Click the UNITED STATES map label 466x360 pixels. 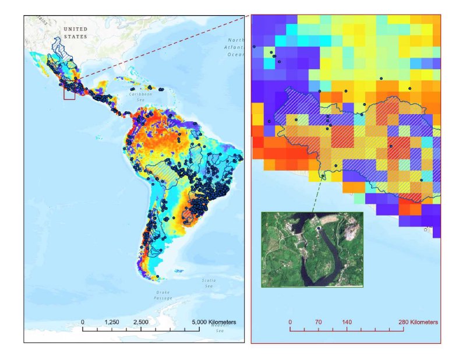coord(75,33)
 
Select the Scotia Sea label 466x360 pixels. coord(209,283)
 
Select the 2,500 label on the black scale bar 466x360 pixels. coord(140,322)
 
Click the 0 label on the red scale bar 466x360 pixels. coord(290,322)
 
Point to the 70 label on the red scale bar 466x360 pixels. coord(318,322)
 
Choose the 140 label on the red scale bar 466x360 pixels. coord(347,322)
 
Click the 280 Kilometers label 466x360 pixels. coord(418,322)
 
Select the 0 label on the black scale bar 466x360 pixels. coord(83,322)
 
